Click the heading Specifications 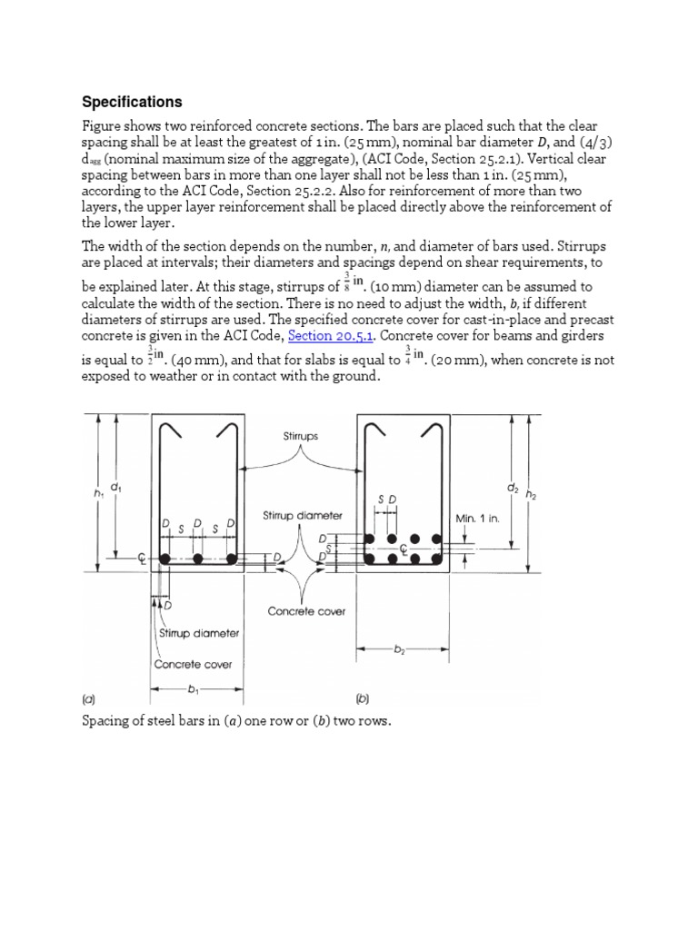point(133,102)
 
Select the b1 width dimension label point(193,689)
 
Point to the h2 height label point(532,495)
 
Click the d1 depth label point(115,487)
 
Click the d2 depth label point(514,488)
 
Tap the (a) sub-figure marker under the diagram point(88,699)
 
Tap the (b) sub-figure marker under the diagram point(363,699)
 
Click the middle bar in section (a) point(199,558)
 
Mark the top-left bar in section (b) point(371,539)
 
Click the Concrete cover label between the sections point(306,611)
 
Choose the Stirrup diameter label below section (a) point(198,633)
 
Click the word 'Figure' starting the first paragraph point(103,125)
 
